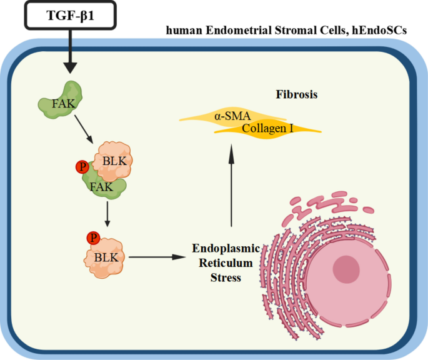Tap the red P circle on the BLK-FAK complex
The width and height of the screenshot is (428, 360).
tap(81, 167)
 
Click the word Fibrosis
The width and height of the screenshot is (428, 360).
tap(297, 95)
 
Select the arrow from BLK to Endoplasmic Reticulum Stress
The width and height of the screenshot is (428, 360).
tap(156, 256)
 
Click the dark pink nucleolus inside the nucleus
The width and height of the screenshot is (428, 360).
tap(346, 269)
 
